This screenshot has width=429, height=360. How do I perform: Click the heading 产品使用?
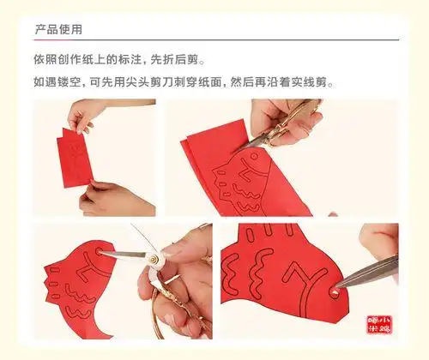pyautogui.click(x=58, y=29)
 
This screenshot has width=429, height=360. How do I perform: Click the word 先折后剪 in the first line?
pyautogui.click(x=174, y=60)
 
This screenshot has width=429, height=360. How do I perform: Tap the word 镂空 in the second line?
pyautogui.click(x=69, y=82)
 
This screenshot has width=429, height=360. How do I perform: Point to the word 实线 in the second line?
pyautogui.click(x=303, y=82)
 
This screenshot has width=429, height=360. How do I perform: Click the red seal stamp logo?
pyautogui.click(x=379, y=325)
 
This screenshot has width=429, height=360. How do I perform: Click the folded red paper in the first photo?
pyautogui.click(x=75, y=159)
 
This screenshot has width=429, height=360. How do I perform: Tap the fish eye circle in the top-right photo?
pyautogui.click(x=254, y=156)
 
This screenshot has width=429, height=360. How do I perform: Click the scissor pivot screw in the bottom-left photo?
pyautogui.click(x=154, y=260)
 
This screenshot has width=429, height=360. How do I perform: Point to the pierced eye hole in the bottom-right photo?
pyautogui.click(x=334, y=291)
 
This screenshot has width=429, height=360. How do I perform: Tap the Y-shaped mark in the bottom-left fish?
pyautogui.click(x=88, y=264)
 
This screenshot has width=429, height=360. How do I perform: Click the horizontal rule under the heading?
pyautogui.click(x=216, y=40)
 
